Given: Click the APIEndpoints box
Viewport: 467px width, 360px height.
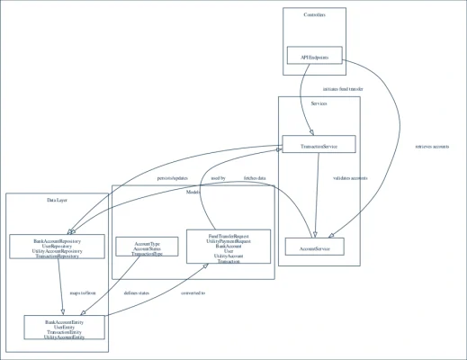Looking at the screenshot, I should coord(314,57).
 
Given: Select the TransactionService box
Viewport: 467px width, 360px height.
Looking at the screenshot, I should coord(319,144).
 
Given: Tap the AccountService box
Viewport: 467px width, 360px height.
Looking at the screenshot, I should coord(314,247).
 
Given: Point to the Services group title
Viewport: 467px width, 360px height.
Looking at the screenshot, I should coord(319,105).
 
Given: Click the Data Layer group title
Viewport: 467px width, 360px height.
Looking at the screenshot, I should coord(58,200).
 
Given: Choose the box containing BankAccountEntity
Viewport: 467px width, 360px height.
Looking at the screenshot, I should coord(65,328).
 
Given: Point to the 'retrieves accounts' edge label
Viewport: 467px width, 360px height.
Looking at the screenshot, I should coord(432,147).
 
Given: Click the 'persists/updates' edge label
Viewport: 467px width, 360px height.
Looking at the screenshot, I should coord(176,178).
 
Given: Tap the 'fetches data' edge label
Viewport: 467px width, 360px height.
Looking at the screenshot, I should coord(255,178).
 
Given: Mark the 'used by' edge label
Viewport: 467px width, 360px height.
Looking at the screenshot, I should coord(218,178).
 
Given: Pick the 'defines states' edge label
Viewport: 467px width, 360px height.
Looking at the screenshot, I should coord(137,293).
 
